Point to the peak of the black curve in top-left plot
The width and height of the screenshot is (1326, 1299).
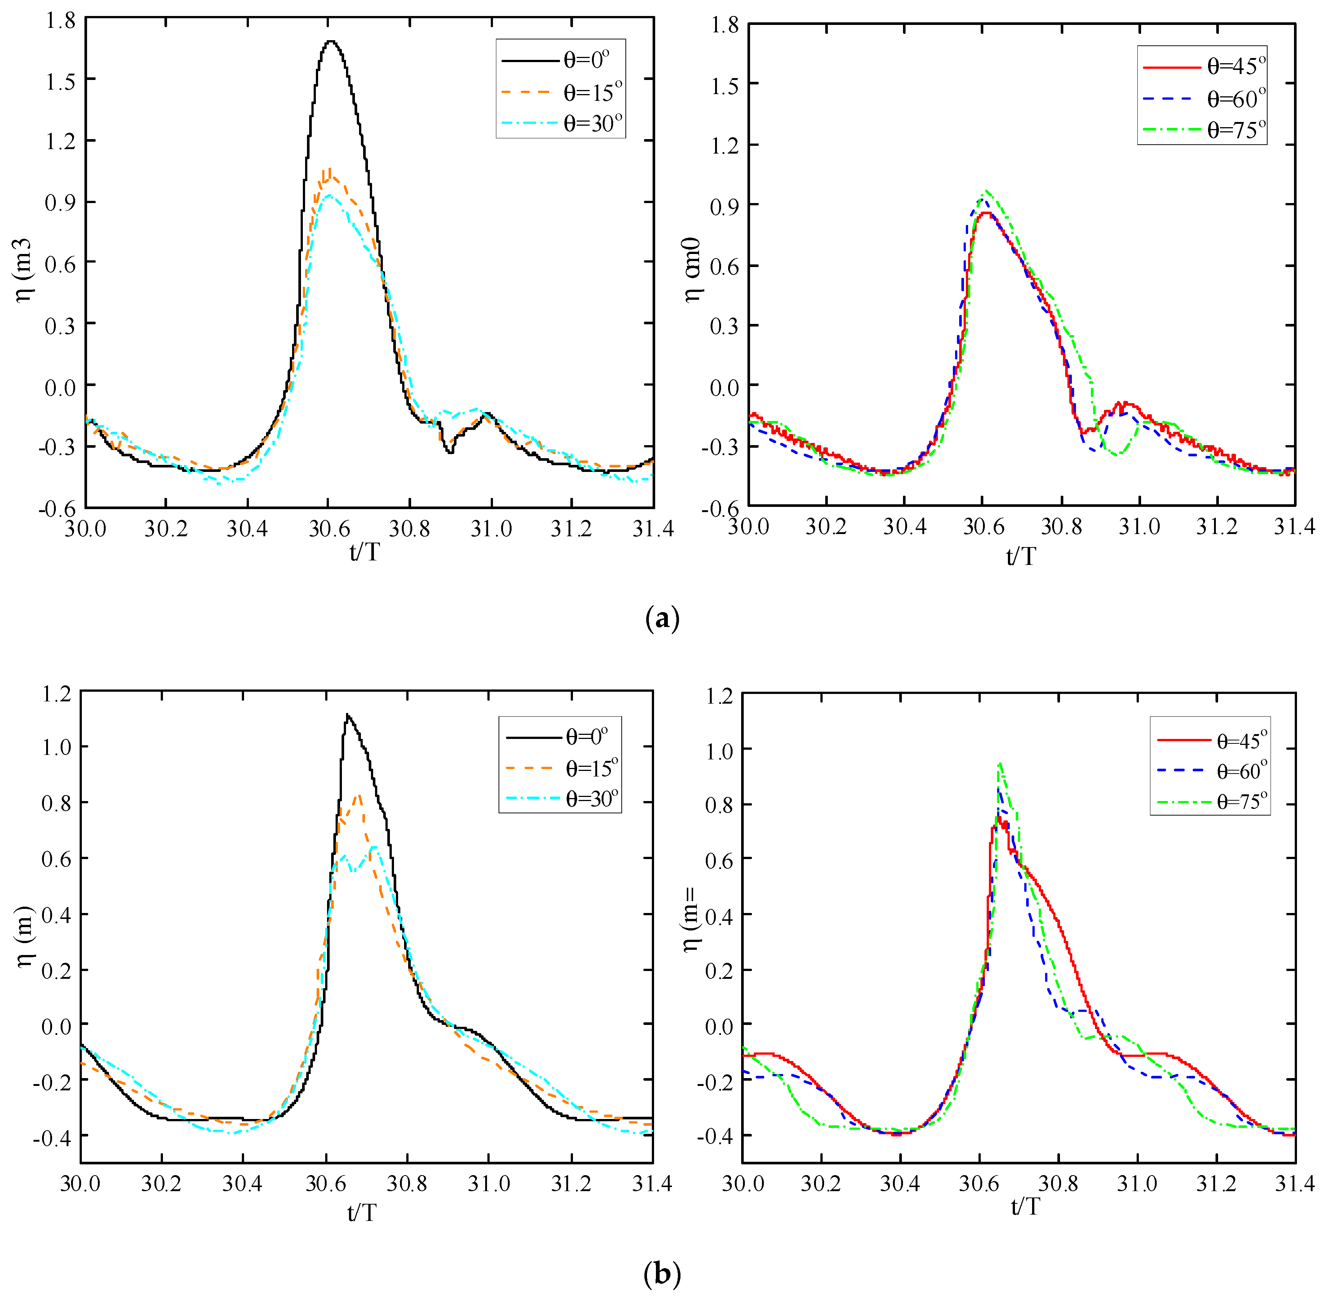[x=331, y=42]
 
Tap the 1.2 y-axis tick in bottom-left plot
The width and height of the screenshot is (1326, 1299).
[x=56, y=695]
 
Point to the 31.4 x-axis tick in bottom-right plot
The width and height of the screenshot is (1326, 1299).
[x=1294, y=1184]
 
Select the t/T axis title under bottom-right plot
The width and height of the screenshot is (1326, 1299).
[x=1025, y=1207]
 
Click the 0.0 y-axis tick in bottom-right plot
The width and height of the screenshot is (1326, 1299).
[x=718, y=1025]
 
